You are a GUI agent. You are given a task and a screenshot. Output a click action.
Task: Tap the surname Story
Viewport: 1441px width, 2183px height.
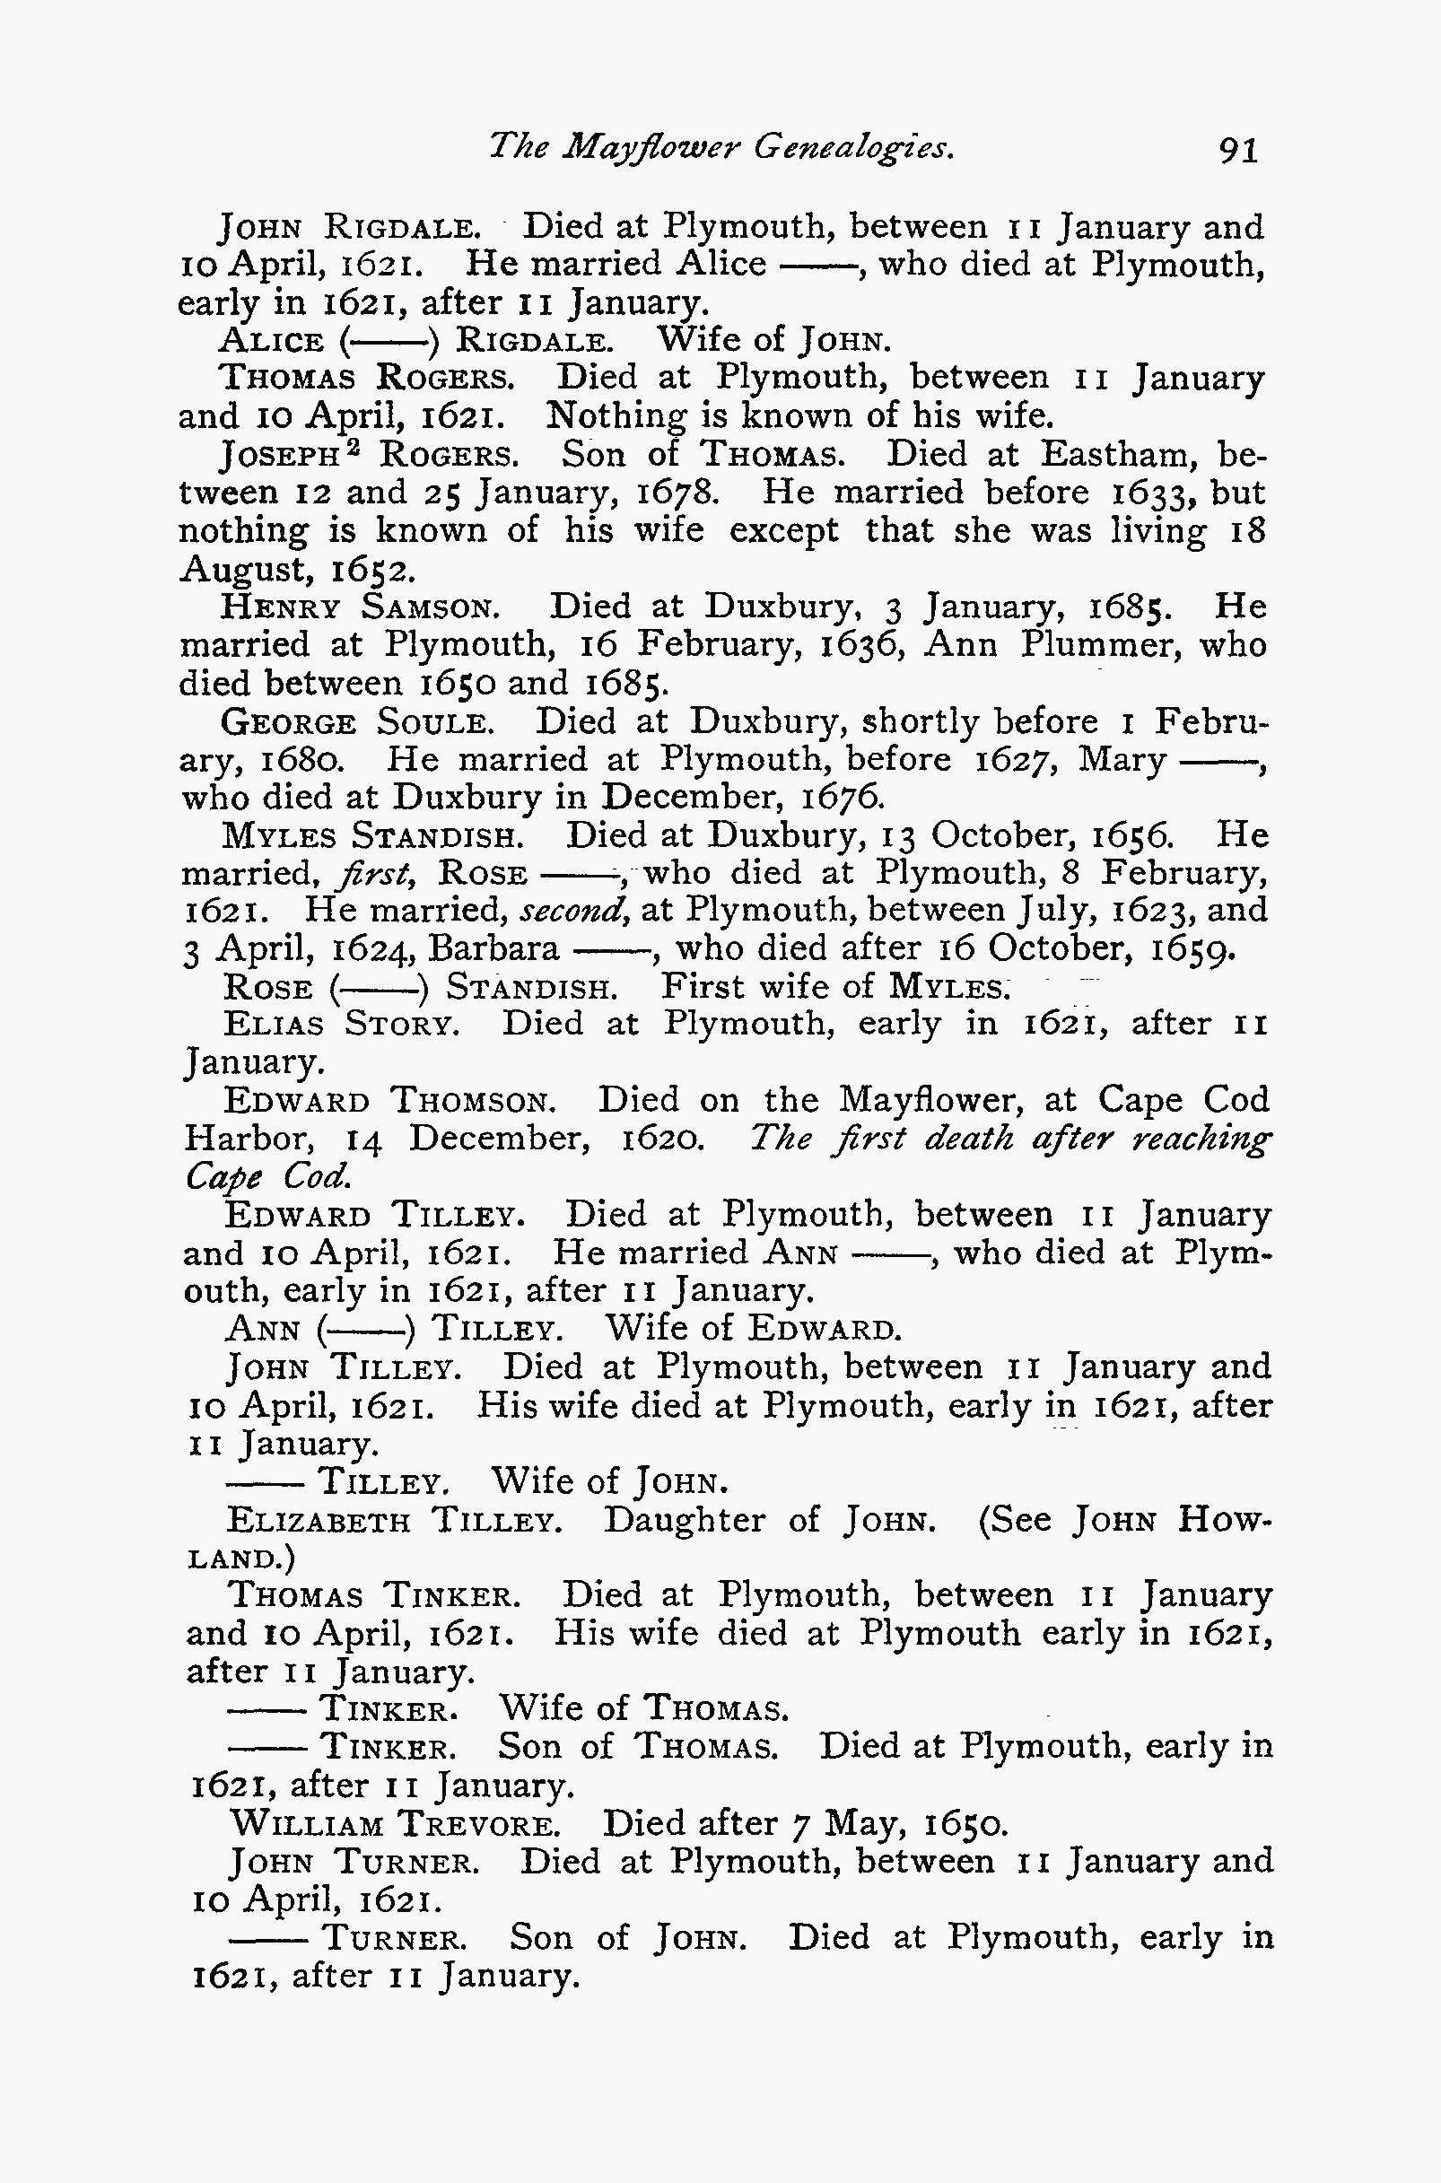(x=402, y=1025)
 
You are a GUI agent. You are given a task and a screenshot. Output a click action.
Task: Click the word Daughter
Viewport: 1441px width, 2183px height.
(x=684, y=1521)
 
